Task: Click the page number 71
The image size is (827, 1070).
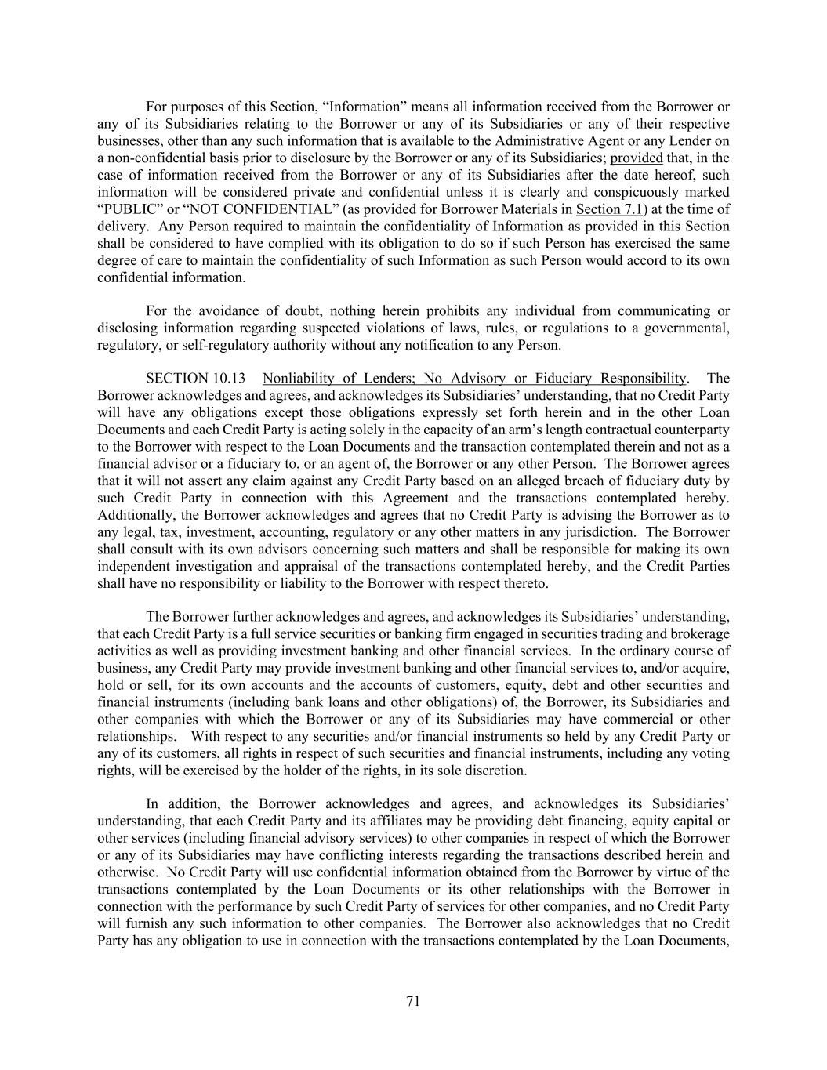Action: [x=413, y=1001]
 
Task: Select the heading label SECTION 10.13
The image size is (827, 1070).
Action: [x=190, y=379]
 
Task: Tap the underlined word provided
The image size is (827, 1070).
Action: [x=637, y=158]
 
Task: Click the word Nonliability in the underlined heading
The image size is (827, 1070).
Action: [x=302, y=379]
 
